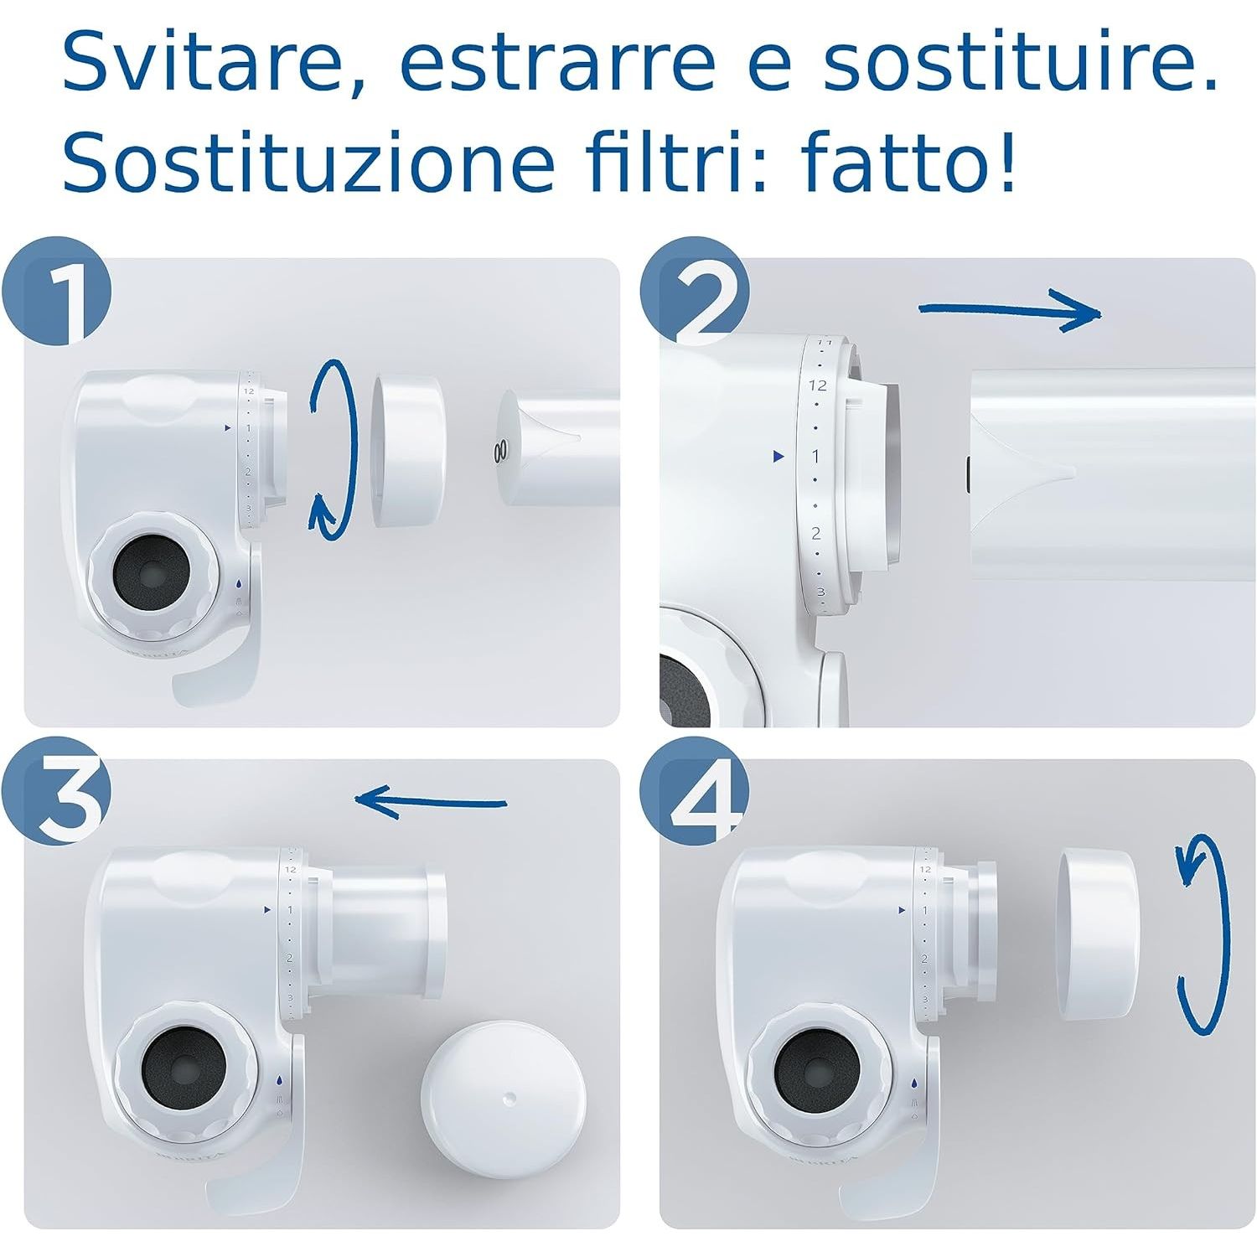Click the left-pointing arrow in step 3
pyautogui.click(x=431, y=800)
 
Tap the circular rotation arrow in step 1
pyautogui.click(x=330, y=448)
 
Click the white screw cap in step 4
pyautogui.click(x=1098, y=934)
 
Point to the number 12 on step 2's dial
pyautogui.click(x=817, y=385)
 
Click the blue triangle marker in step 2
pyautogui.click(x=779, y=457)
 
